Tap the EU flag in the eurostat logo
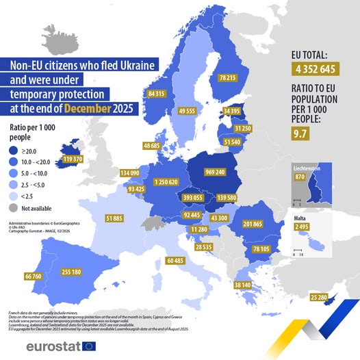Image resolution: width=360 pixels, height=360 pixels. tap(89, 346)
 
